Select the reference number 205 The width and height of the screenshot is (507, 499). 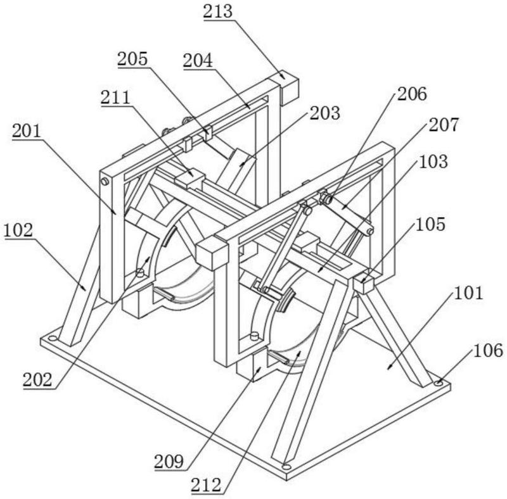click(x=132, y=59)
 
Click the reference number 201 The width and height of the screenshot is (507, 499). click(x=26, y=131)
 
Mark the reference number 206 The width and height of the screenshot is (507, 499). click(x=411, y=94)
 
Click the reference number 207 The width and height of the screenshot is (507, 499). click(x=443, y=125)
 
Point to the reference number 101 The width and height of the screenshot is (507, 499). click(x=470, y=293)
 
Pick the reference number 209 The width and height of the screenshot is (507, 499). click(x=169, y=462)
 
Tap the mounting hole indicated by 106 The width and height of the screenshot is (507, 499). click(x=438, y=382)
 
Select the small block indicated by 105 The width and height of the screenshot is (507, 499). click(x=364, y=283)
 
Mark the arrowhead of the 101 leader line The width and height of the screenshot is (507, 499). click(x=387, y=369)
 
